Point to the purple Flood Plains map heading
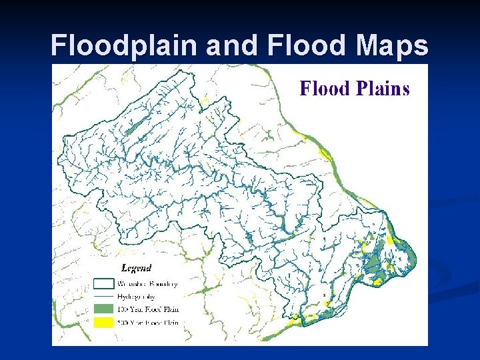coord(354,89)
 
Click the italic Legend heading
coord(136,268)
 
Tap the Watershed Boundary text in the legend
coord(148,284)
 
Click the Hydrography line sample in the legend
coord(103,296)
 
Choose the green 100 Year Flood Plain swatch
coord(103,309)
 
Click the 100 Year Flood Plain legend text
coord(148,309)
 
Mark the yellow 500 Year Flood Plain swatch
coord(103,322)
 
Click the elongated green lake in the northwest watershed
coord(136,125)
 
